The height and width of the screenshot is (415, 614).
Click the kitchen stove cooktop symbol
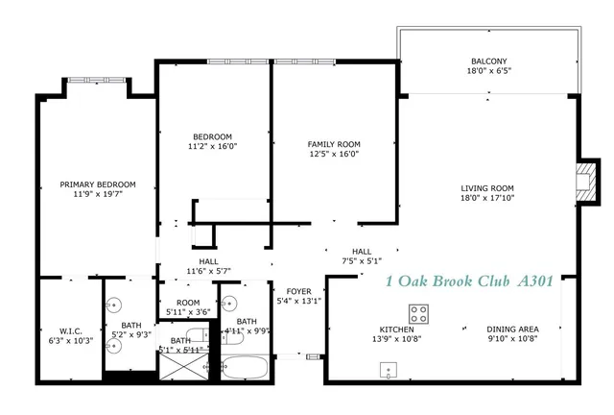[x=418, y=313]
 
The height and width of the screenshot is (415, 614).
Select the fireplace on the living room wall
[x=582, y=183]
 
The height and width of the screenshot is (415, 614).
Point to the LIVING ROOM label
[x=488, y=188]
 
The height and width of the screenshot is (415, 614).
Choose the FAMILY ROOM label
[x=333, y=142]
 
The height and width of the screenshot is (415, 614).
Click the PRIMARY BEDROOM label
[x=97, y=183]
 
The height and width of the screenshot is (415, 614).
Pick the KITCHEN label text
[x=396, y=329]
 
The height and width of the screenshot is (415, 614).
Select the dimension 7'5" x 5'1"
[x=362, y=260]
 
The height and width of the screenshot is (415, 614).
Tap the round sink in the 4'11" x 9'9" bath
[x=228, y=303]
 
